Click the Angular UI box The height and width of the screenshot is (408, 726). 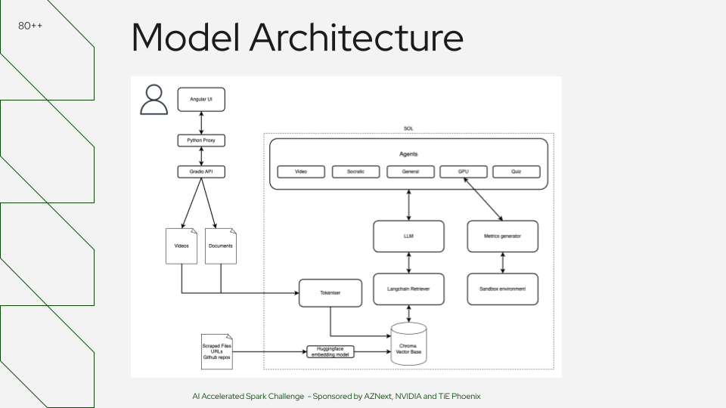pos(201,99)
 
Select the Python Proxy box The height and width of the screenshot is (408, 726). pos(201,141)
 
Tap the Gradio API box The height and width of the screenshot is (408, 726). pos(201,172)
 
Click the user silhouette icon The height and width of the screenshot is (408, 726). pos(154,100)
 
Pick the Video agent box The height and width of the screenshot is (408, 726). pos(301,172)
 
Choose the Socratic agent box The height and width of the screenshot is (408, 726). pos(355,172)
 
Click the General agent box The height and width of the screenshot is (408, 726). pos(410,172)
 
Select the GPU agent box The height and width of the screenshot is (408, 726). pos(464,172)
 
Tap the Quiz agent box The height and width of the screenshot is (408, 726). pos(517,172)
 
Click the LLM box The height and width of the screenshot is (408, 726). pos(409,236)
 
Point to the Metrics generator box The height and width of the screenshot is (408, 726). pos(503,236)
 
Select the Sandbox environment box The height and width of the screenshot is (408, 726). pos(503,289)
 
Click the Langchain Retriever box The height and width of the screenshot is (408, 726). pos(409,289)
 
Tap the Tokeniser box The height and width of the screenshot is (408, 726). pos(330,293)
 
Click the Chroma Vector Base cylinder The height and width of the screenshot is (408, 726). pos(408,345)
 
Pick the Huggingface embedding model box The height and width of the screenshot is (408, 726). pos(330,351)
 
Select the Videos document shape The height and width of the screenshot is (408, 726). pos(181,246)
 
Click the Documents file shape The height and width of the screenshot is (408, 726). pos(221,246)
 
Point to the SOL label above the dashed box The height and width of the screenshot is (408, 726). pos(408,129)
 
